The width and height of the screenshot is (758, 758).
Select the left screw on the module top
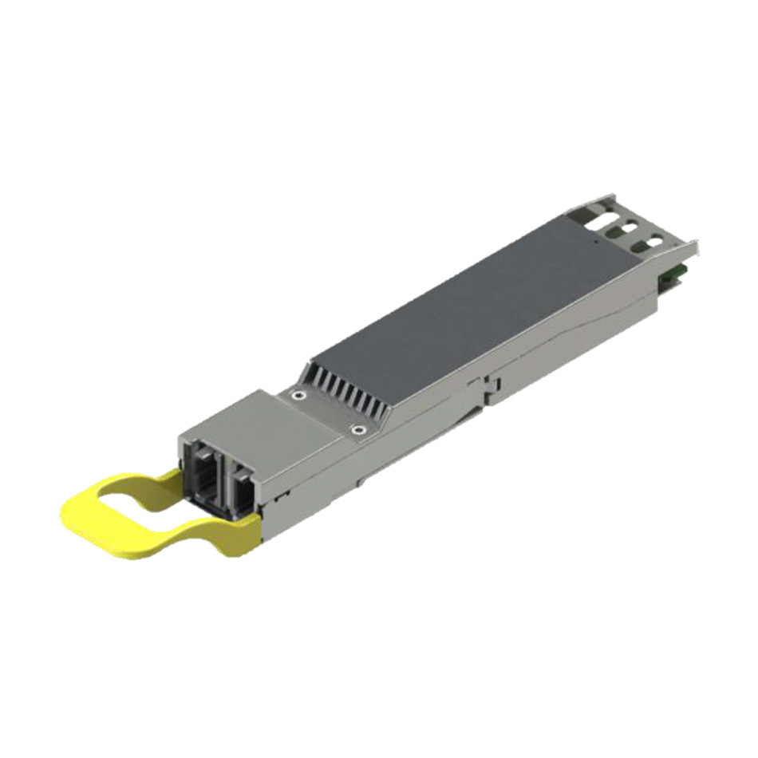coord(297,394)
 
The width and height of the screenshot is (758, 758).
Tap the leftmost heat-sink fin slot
coord(312,373)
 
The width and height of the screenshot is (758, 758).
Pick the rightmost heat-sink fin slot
coord(381,410)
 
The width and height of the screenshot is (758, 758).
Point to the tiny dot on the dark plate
coord(595,237)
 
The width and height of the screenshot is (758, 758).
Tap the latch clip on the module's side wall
coord(488,386)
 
